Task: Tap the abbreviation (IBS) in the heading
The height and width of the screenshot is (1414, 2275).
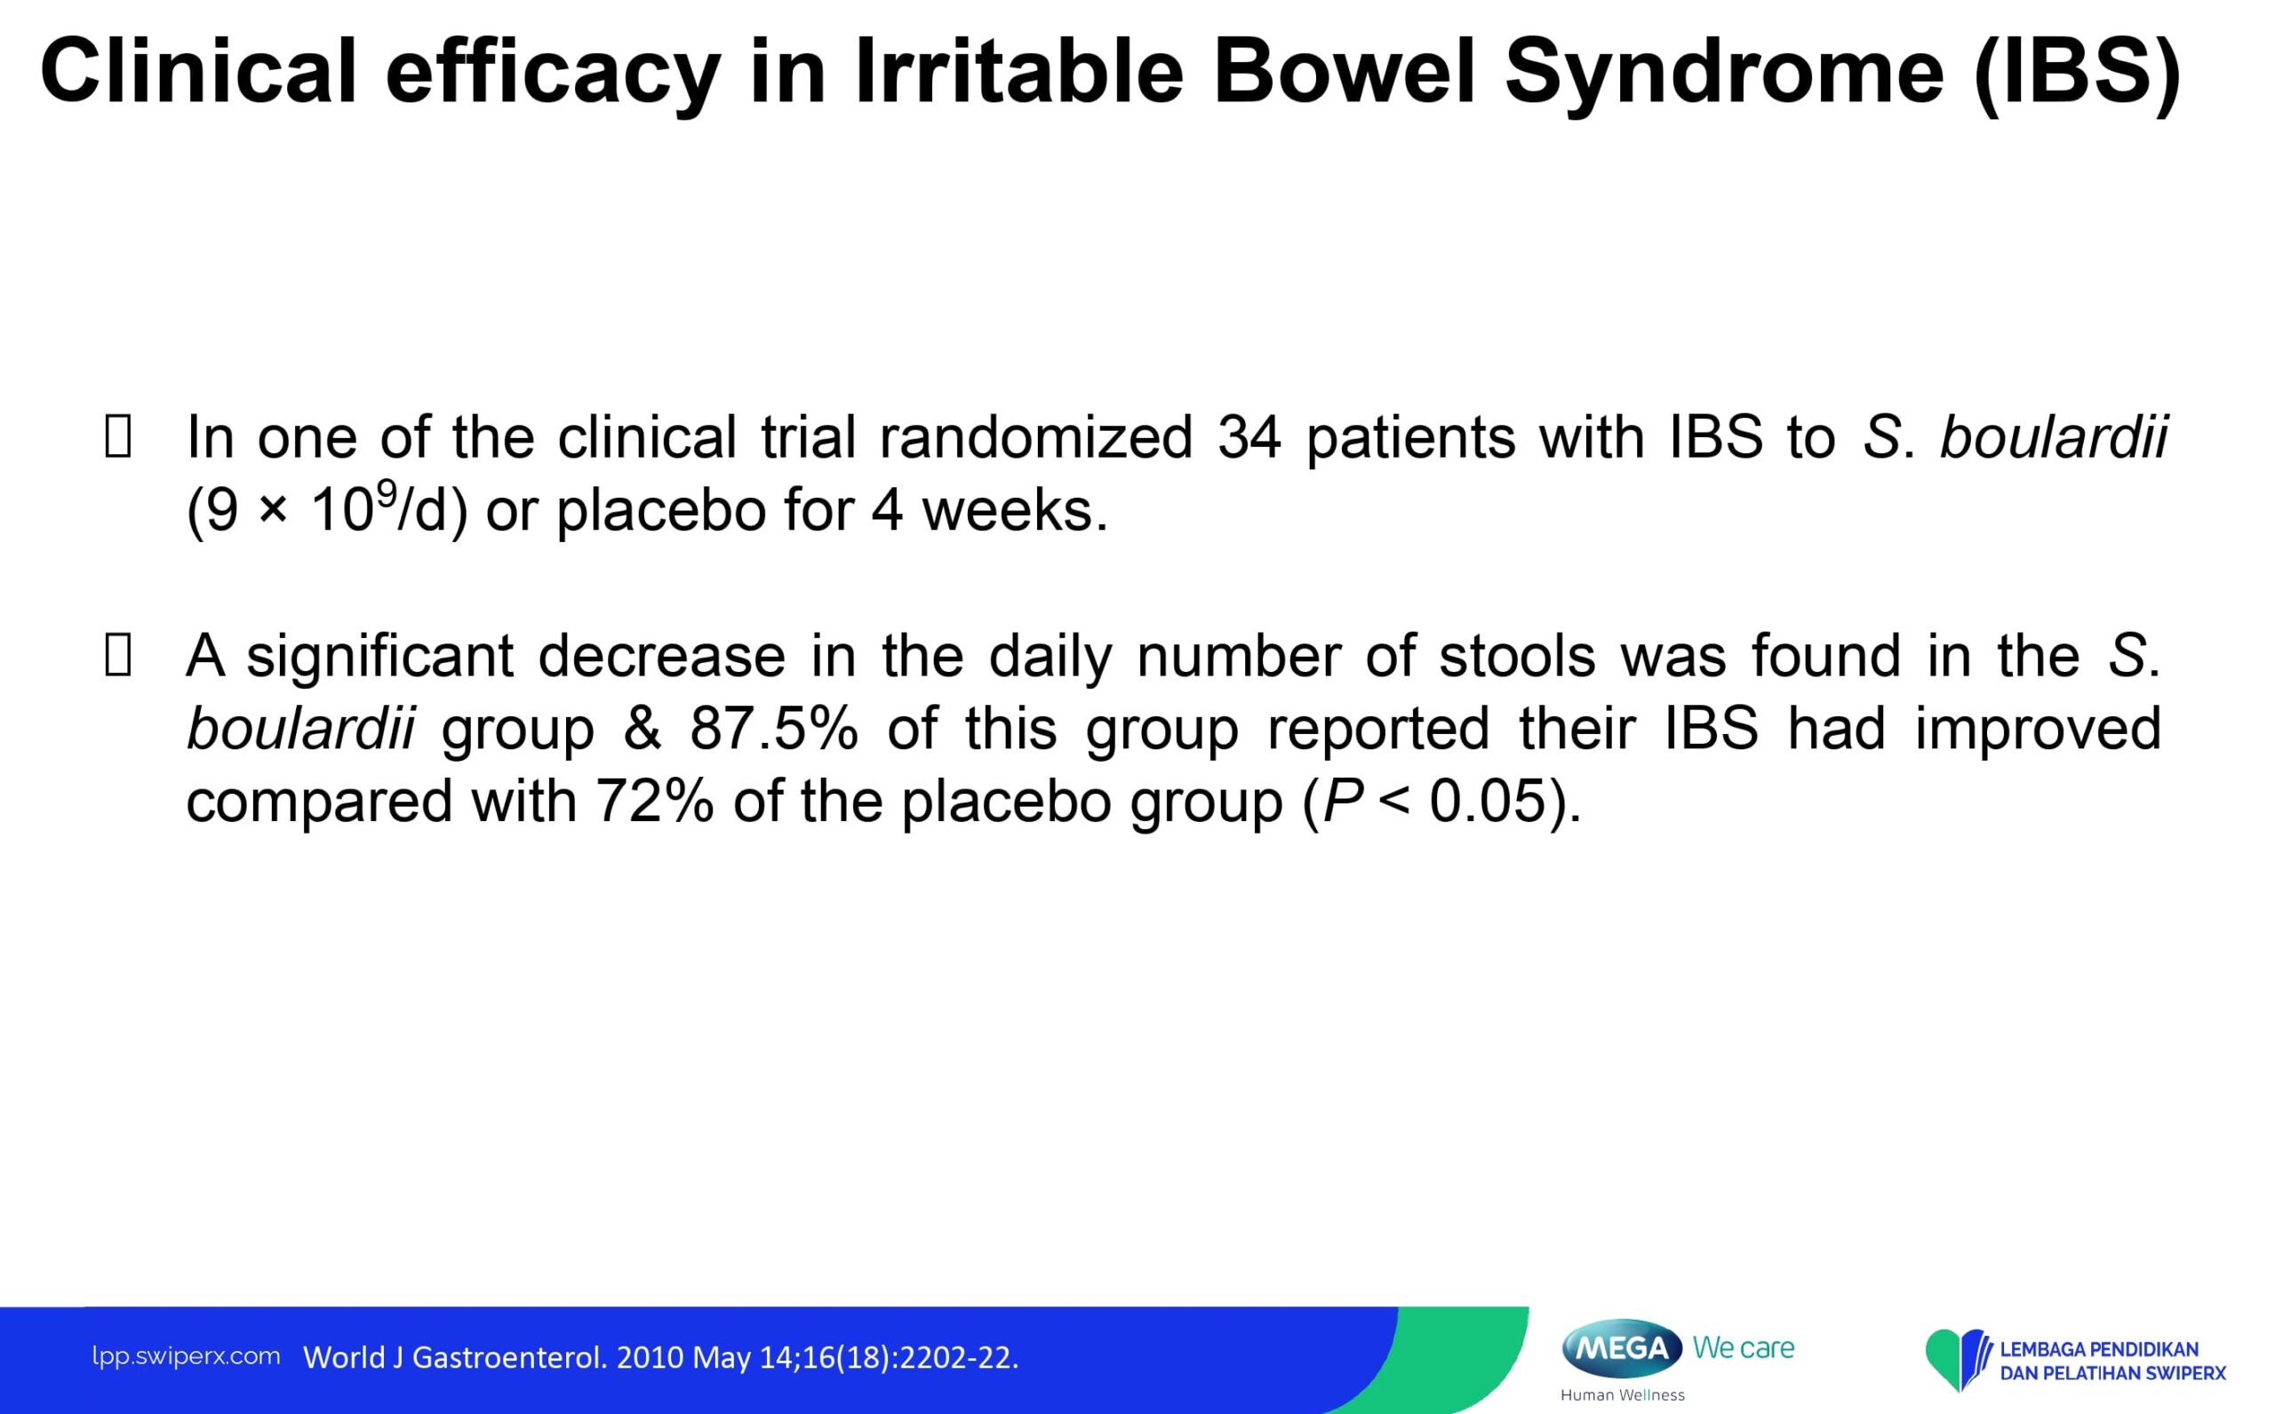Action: [2077, 73]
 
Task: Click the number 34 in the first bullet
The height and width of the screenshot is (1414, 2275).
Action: [1249, 437]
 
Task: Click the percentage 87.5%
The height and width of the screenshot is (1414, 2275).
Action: [774, 729]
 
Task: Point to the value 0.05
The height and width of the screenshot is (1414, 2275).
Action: [1487, 802]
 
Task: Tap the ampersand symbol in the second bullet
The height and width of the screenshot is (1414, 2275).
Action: [643, 729]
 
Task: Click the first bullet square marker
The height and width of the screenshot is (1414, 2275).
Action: [118, 436]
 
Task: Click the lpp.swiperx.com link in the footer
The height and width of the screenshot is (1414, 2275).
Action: [186, 1357]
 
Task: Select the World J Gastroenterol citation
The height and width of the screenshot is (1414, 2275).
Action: [661, 1357]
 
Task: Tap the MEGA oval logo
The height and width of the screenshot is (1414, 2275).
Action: [1623, 1347]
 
